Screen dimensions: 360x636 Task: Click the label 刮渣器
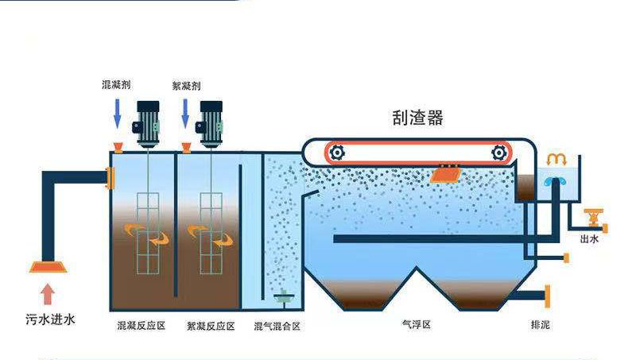[417, 118]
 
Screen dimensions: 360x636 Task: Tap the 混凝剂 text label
[117, 84]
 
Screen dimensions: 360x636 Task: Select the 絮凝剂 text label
[187, 84]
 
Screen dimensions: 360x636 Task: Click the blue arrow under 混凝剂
[117, 113]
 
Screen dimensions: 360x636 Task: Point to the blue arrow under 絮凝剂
[186, 113]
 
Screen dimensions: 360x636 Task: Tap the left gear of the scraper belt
[337, 153]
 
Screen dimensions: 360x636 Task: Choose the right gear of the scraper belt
[498, 153]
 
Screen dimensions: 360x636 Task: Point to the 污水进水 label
[48, 319]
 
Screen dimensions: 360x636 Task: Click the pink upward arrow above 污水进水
[48, 294]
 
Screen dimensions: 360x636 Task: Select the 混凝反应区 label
[141, 326]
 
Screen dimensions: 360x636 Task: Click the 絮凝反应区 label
[211, 326]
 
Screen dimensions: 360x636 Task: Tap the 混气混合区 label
[277, 326]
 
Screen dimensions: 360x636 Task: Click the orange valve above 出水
[591, 216]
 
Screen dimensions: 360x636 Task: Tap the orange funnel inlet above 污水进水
[48, 266]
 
